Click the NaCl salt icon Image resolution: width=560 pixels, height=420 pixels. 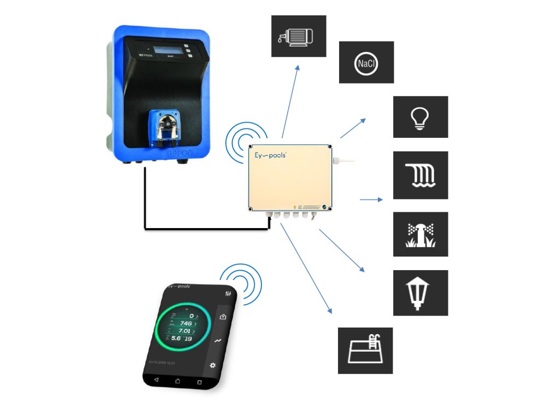click(x=366, y=63)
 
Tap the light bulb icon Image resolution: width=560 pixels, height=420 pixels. click(x=420, y=117)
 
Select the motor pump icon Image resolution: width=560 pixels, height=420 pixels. click(x=299, y=36)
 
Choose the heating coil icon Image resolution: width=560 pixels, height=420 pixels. click(x=420, y=175)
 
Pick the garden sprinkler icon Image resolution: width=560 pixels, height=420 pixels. click(x=420, y=234)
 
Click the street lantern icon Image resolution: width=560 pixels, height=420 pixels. click(x=420, y=293)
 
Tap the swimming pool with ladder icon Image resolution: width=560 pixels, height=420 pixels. click(x=365, y=350)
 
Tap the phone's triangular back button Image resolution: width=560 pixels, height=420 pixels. click(x=156, y=379)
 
